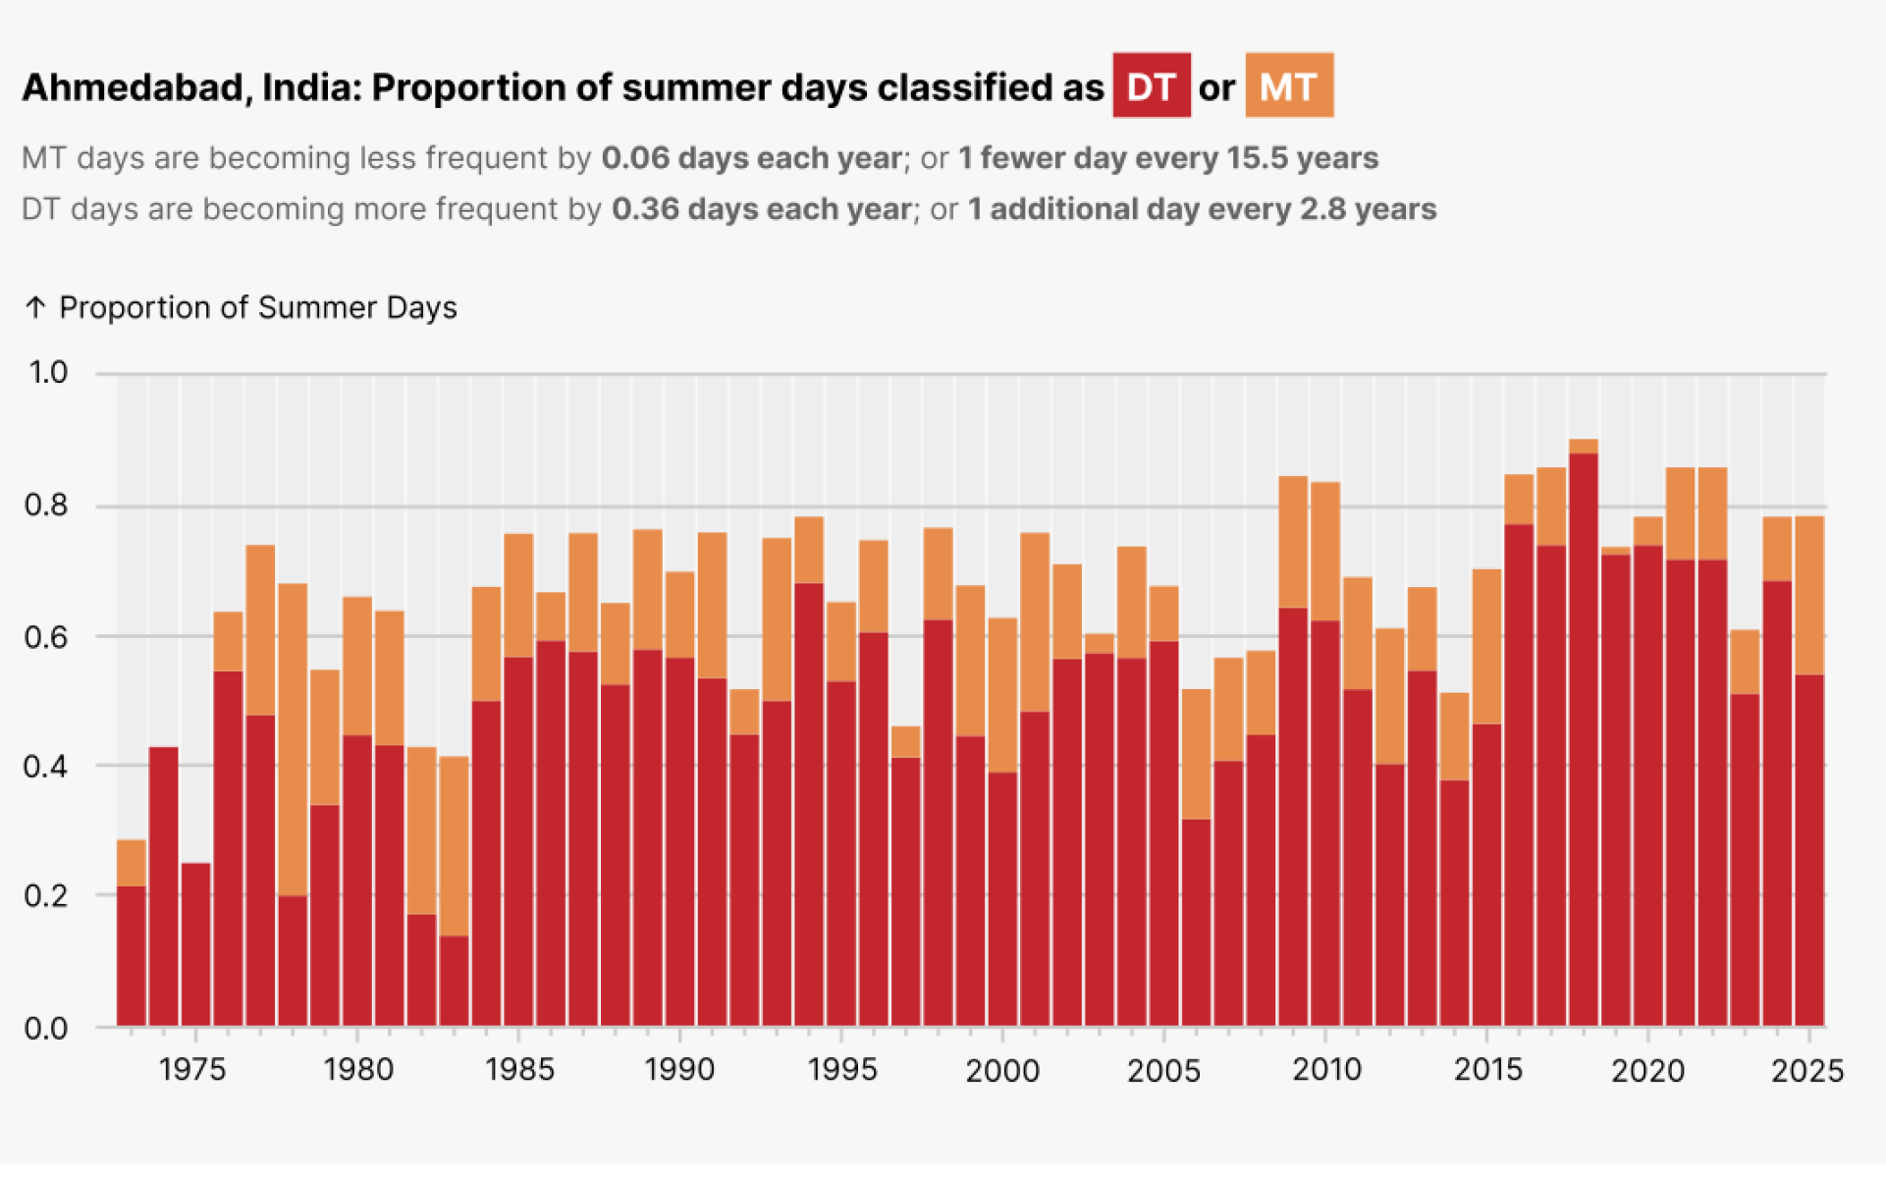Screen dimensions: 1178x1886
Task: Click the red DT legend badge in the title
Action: (x=1151, y=86)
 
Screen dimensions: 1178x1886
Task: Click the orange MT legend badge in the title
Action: (x=1288, y=86)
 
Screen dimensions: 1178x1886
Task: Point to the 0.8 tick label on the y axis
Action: (x=45, y=506)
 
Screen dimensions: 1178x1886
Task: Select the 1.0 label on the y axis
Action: (x=47, y=373)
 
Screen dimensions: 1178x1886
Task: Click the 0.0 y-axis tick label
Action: (x=45, y=1029)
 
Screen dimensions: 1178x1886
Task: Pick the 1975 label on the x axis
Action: (x=192, y=1070)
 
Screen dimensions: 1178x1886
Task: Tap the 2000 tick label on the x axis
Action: (x=1001, y=1070)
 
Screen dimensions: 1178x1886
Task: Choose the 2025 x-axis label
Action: (x=1806, y=1070)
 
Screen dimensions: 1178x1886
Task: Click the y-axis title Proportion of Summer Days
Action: (x=257, y=308)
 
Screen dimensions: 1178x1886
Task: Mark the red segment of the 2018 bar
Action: (x=1583, y=736)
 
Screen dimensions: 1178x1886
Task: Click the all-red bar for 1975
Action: (x=195, y=942)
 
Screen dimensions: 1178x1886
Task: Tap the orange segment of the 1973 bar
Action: (x=132, y=863)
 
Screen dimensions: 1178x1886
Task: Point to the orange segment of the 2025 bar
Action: (x=1808, y=595)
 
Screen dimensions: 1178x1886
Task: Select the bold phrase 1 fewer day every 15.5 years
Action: (x=1168, y=158)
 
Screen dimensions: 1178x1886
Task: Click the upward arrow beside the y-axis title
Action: (x=35, y=308)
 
